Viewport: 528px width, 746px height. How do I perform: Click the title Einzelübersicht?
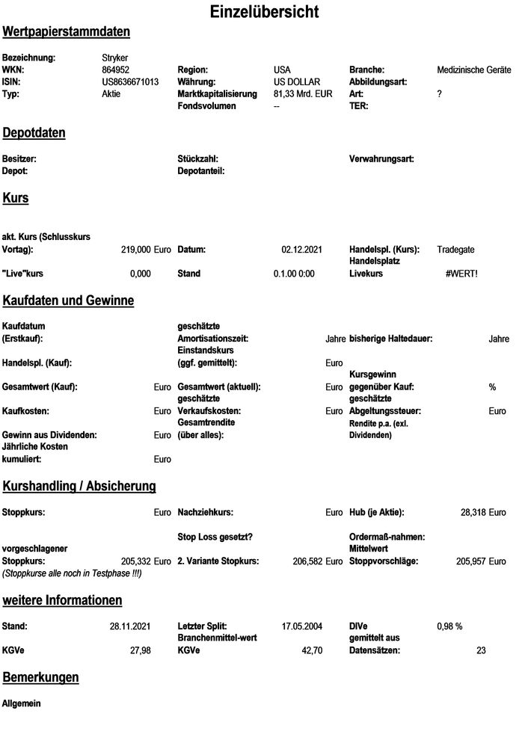[x=264, y=12]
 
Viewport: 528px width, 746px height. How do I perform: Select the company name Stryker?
[x=116, y=58]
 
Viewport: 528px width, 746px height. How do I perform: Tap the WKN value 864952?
[x=116, y=70]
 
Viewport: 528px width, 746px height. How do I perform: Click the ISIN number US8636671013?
[x=130, y=81]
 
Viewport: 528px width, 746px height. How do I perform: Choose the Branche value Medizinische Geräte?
[x=474, y=70]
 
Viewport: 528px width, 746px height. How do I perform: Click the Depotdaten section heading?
[x=34, y=133]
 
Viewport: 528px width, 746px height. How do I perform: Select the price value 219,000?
[x=135, y=249]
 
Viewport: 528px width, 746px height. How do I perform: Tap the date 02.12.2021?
[x=301, y=249]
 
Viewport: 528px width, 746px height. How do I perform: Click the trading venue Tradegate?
[x=455, y=249]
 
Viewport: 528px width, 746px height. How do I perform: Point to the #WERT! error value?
[x=461, y=274]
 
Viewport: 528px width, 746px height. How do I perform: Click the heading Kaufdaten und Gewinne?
[x=68, y=300]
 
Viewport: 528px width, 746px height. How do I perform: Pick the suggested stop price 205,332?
[x=135, y=560]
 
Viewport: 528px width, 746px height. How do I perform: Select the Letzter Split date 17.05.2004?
[x=301, y=626]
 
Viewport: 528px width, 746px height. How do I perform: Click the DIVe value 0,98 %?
[x=449, y=626]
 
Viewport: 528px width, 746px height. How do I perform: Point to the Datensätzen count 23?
[x=481, y=650]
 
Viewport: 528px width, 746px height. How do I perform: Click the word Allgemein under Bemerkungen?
[x=22, y=703]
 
